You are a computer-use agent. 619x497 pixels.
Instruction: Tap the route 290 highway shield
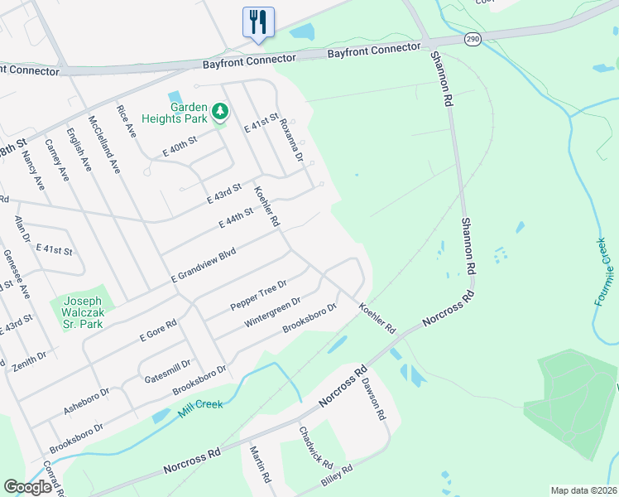pyautogui.click(x=473, y=40)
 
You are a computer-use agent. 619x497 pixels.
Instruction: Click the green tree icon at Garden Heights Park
pyautogui.click(x=219, y=110)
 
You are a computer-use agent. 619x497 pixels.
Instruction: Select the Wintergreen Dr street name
pyautogui.click(x=272, y=313)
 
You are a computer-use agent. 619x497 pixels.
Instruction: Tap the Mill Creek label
pyautogui.click(x=200, y=408)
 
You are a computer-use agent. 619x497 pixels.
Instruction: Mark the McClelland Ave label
pyautogui.click(x=104, y=142)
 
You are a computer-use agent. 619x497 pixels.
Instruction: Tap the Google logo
pyautogui.click(x=27, y=487)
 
